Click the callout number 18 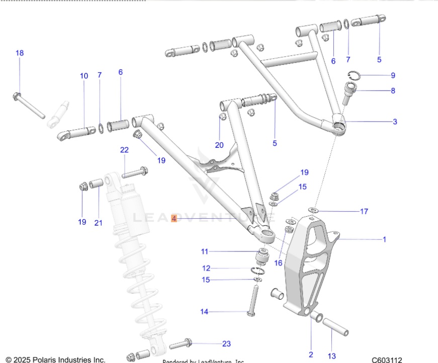[20, 53]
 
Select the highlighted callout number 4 [174, 219]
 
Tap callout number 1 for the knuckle [385, 240]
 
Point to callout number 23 [226, 344]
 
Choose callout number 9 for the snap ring [393, 75]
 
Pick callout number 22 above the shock [124, 150]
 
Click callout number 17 [364, 211]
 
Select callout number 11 [204, 251]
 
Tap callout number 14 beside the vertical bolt [204, 312]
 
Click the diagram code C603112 [387, 359]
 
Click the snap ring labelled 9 [355, 76]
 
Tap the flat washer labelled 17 [313, 209]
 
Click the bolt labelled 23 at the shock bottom [181, 345]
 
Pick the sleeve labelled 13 [335, 327]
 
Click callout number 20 [219, 145]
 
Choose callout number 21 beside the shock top [98, 223]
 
